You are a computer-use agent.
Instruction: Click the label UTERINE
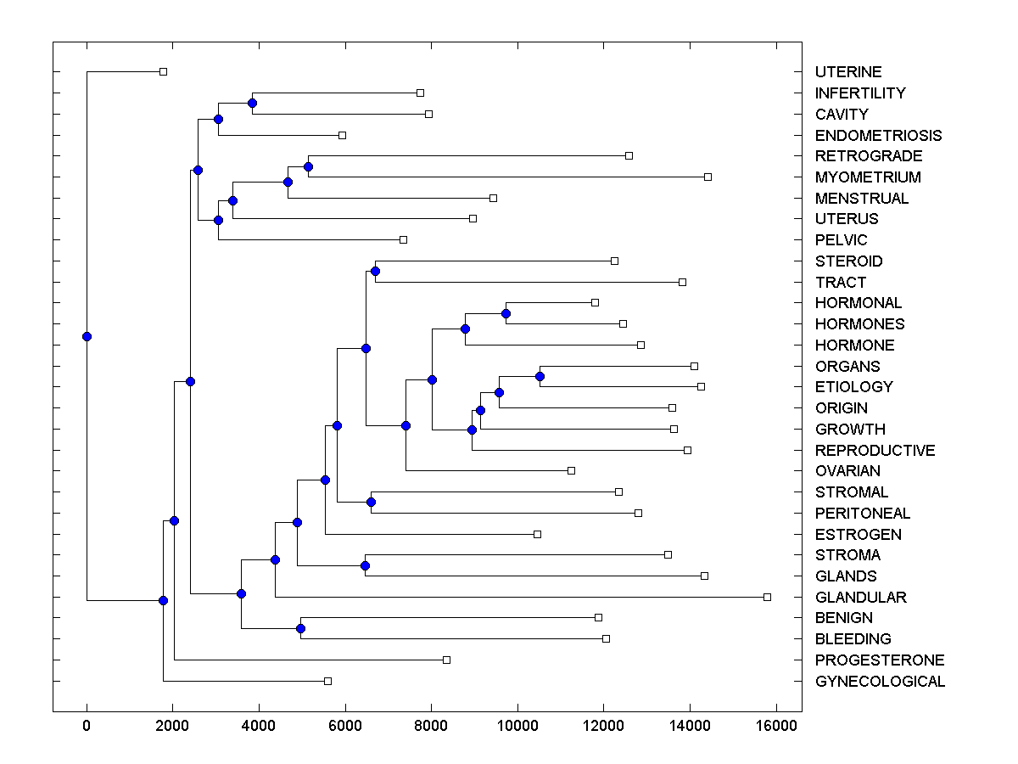[848, 72]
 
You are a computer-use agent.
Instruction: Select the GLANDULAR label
[860, 597]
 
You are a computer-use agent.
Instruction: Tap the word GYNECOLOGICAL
[880, 681]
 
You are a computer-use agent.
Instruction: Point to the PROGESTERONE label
[880, 660]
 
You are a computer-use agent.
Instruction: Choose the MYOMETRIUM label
[868, 177]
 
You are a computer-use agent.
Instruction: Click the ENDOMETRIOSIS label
[878, 135]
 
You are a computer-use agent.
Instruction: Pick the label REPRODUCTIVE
[875, 450]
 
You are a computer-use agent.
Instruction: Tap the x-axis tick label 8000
[431, 725]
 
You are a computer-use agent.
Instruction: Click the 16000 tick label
[775, 725]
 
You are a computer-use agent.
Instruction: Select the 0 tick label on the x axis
[87, 725]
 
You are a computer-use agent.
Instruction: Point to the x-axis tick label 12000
[603, 725]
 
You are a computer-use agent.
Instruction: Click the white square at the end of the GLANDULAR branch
[767, 597]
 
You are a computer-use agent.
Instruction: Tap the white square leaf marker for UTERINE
[164, 71]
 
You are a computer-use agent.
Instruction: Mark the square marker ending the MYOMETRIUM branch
[708, 177]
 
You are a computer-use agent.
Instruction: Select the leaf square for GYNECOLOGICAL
[327, 681]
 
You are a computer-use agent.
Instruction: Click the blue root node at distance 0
[87, 336]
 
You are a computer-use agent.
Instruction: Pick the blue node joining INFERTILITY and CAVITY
[252, 103]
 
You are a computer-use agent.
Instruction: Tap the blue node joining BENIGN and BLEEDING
[300, 628]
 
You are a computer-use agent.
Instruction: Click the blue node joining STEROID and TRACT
[375, 271]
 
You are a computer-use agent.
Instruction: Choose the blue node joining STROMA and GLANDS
[365, 565]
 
